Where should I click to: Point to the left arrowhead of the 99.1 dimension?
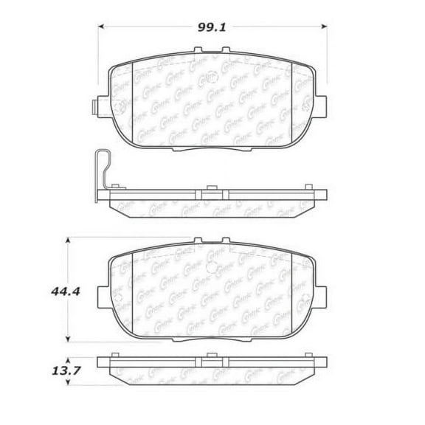(x=102, y=29)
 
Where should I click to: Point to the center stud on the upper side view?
(x=209, y=189)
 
